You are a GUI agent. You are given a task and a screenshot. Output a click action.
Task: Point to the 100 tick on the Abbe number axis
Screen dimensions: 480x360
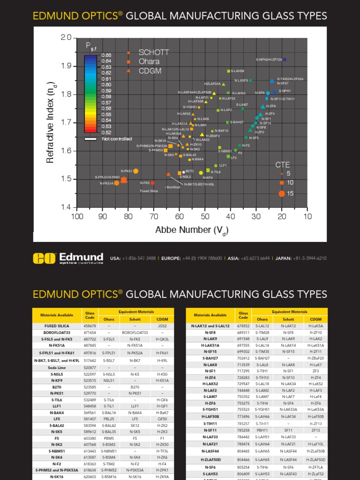pos(77,216)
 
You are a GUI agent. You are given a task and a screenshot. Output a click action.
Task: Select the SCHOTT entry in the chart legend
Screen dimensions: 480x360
pos(153,52)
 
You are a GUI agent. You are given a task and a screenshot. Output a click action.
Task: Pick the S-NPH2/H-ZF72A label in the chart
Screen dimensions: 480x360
pos(269,60)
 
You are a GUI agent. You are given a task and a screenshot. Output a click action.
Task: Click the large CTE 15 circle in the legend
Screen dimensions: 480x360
pos(282,194)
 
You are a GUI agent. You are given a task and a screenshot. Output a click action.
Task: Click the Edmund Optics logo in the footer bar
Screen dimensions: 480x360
pos(68,258)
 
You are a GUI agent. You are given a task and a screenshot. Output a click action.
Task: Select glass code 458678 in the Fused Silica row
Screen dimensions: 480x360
pos(90,326)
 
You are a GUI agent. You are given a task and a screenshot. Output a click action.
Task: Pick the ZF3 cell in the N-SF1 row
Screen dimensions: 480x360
pos(316,371)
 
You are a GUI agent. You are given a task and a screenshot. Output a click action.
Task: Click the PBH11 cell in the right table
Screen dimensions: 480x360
pos(262,429)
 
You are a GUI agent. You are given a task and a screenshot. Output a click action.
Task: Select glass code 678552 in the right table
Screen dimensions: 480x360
pos(243,326)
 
